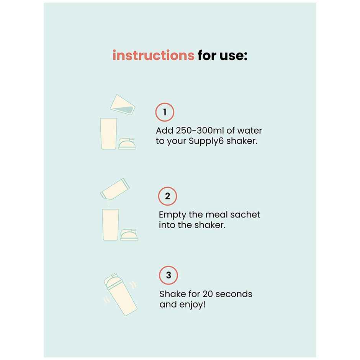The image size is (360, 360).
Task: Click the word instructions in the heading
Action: [153, 55]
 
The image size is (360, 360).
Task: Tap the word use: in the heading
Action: [234, 56]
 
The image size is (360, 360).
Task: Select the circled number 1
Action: [165, 112]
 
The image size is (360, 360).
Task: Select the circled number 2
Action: [167, 196]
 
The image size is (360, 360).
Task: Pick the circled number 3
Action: [168, 275]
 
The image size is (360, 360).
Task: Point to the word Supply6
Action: [206, 141]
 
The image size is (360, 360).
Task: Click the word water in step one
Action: [250, 131]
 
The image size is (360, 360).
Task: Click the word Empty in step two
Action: [172, 215]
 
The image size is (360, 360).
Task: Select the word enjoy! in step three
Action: [192, 305]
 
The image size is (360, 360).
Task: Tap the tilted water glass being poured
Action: [123, 105]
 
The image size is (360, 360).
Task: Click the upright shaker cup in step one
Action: [109, 134]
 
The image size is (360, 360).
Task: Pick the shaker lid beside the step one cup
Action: [127, 144]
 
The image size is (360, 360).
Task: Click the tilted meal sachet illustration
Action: [115, 189]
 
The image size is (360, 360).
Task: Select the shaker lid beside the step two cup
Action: [129, 235]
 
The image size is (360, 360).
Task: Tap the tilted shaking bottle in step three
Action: [121, 294]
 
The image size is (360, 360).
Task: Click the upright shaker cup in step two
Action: [110, 224]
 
